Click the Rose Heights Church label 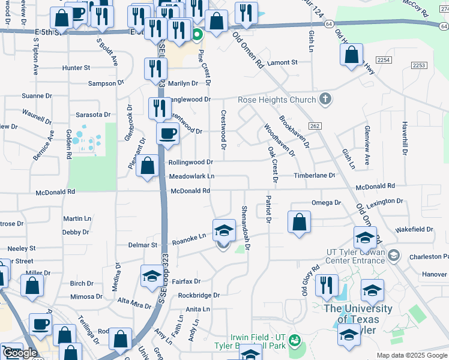[x=277, y=100]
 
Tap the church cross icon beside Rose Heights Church [x=325, y=98]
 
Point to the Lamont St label [x=283, y=62]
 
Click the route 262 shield [x=315, y=125]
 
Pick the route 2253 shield [x=418, y=65]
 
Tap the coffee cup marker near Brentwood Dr [x=168, y=133]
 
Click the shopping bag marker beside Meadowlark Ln [x=147, y=165]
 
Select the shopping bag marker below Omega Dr [x=299, y=222]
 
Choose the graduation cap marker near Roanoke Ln [x=223, y=230]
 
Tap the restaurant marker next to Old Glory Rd [x=327, y=285]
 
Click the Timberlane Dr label [x=314, y=175]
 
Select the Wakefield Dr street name [x=414, y=229]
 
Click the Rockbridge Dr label [x=199, y=295]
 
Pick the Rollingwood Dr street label [x=190, y=162]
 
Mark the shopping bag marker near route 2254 [x=352, y=55]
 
